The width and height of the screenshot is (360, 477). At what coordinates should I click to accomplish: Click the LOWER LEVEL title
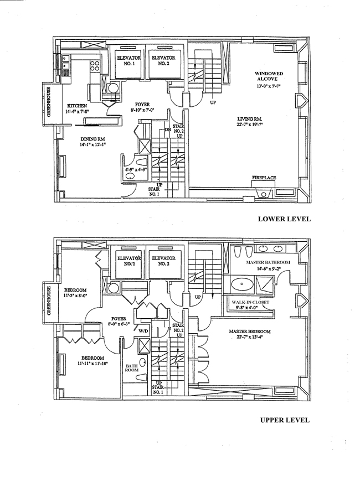(x=284, y=219)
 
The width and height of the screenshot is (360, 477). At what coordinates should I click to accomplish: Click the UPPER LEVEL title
(x=284, y=420)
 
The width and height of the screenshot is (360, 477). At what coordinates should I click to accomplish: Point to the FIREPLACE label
(x=264, y=178)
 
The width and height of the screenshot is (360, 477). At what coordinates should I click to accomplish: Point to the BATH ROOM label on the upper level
(x=132, y=368)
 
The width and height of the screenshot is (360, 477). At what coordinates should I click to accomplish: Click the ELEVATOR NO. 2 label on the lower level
(x=163, y=60)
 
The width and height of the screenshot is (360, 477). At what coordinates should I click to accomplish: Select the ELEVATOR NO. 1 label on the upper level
(x=128, y=261)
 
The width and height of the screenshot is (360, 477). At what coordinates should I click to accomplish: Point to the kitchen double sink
(x=65, y=64)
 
